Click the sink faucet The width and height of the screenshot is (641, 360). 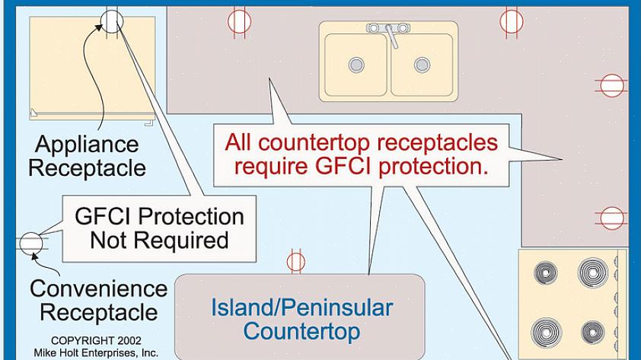[389, 32]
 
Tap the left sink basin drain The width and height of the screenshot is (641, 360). [356, 65]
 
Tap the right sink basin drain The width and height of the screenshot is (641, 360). [419, 65]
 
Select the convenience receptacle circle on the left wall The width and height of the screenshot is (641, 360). [30, 243]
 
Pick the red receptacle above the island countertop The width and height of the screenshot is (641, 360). [296, 262]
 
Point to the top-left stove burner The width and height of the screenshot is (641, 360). [547, 272]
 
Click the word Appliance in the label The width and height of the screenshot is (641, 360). [87, 144]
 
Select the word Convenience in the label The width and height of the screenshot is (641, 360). [98, 289]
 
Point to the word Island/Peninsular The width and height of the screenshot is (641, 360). [301, 307]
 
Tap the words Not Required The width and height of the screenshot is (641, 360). [159, 241]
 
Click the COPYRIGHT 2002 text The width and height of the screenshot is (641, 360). [96, 340]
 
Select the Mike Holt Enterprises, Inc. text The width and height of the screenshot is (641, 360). [96, 352]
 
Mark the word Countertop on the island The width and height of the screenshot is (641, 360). [301, 332]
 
